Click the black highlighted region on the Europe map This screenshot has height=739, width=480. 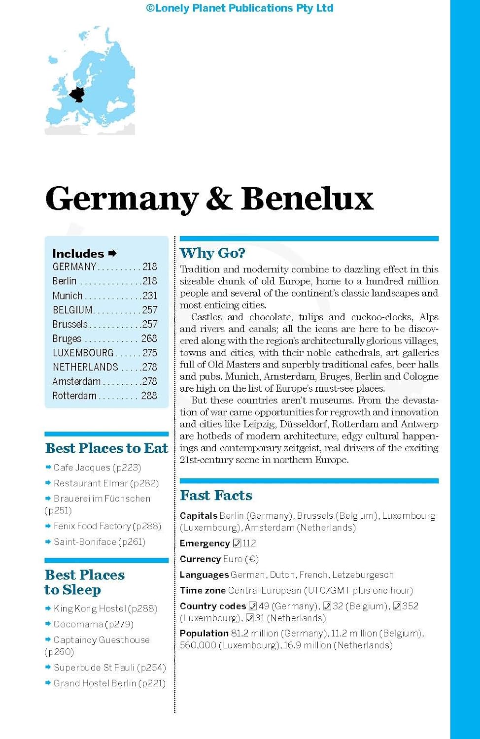(77, 94)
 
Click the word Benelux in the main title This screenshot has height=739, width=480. (307, 199)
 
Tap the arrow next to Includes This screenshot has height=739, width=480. (113, 253)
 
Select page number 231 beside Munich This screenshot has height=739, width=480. (150, 296)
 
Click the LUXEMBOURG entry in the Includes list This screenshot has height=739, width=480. (83, 353)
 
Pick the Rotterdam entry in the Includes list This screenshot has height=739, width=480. (74, 396)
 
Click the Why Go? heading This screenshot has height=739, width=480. (212, 253)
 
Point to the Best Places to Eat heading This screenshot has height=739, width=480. (106, 448)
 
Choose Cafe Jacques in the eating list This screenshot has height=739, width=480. (82, 468)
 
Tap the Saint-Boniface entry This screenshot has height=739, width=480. (85, 542)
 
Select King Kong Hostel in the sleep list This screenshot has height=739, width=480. (90, 609)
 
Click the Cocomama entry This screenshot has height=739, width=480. (78, 624)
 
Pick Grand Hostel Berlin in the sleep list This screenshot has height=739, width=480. (95, 683)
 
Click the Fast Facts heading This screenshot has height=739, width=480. (216, 496)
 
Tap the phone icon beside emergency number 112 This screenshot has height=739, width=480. (237, 543)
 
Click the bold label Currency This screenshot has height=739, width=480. (200, 559)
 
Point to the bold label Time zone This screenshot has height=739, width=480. (203, 590)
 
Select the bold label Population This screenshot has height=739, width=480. (204, 633)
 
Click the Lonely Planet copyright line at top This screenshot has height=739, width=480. (240, 8)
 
